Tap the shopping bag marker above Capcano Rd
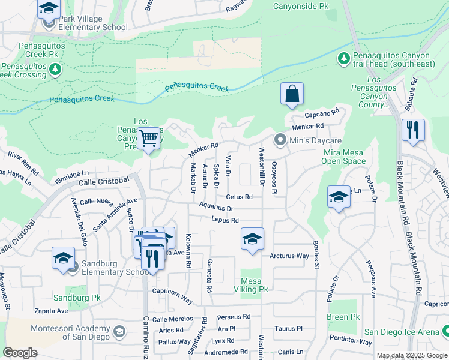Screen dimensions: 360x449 click(x=292, y=94)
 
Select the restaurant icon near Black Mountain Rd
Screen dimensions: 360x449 click(x=413, y=130)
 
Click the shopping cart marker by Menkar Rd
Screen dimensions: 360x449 click(x=148, y=139)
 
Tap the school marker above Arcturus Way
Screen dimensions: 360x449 click(x=252, y=239)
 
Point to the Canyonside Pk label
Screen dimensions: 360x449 click(x=301, y=6)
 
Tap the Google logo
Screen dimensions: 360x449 click(x=20, y=352)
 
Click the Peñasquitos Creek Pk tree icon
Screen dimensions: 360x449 click(x=55, y=69)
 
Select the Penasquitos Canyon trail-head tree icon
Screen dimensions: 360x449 click(x=343, y=59)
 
